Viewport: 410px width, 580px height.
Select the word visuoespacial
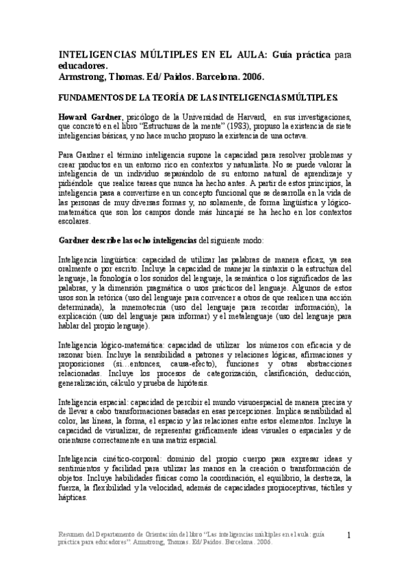[272, 403]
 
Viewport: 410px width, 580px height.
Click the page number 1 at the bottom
[349, 535]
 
